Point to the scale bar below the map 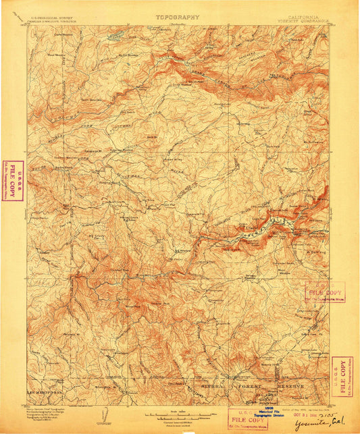pyautogui.click(x=180, y=414)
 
